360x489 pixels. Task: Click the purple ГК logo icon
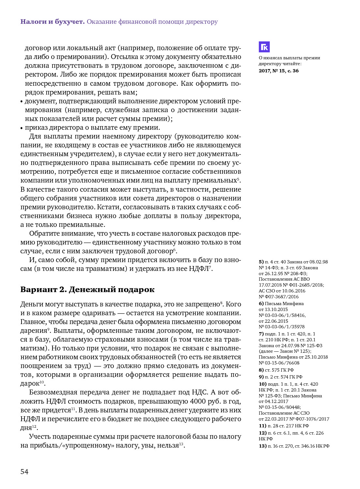coord(264,47)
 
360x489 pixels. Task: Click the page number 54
coord(24,472)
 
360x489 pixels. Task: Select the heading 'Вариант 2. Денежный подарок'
coord(87,289)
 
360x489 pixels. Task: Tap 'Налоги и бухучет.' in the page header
coord(52,22)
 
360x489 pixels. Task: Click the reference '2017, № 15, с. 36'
coord(278,71)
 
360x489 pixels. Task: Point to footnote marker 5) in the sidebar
coord(261,262)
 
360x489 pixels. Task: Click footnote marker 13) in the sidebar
coord(262,446)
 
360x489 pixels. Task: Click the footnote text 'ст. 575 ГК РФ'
coord(279,370)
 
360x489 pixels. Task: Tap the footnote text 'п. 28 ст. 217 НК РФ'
coord(288,426)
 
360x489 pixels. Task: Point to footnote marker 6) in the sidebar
coord(261,304)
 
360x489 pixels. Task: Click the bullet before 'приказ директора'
coord(22,128)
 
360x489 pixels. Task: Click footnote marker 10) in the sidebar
coord(262,384)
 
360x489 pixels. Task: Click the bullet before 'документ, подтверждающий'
coord(22,101)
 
